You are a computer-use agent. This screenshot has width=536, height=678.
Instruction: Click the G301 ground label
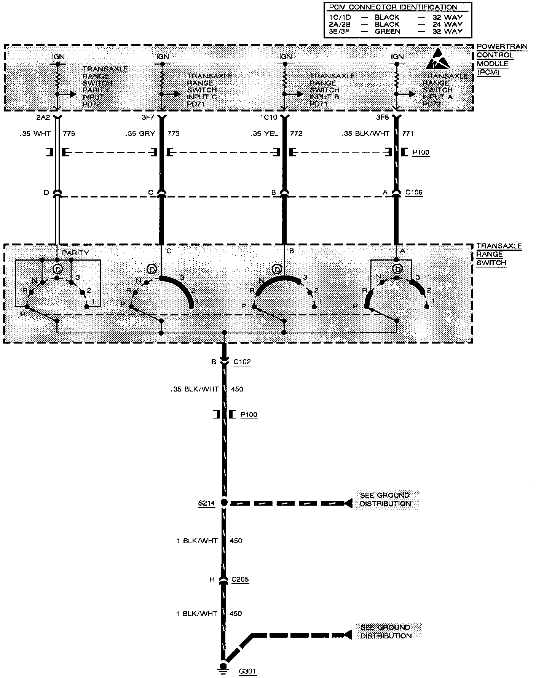pyautogui.click(x=247, y=671)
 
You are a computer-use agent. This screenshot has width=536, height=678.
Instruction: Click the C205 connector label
pyautogui.click(x=239, y=579)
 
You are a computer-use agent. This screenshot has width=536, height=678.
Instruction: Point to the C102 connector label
pyautogui.click(x=242, y=362)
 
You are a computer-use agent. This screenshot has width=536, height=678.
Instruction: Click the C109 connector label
pyautogui.click(x=413, y=193)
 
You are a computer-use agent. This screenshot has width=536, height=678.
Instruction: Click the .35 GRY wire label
pyautogui.click(x=140, y=134)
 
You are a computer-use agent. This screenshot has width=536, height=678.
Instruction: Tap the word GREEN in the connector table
pyautogui.click(x=388, y=32)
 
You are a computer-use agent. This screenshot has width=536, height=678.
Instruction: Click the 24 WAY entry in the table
pyautogui.click(x=448, y=24)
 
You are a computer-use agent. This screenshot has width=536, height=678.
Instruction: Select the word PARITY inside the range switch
pyautogui.click(x=75, y=253)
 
